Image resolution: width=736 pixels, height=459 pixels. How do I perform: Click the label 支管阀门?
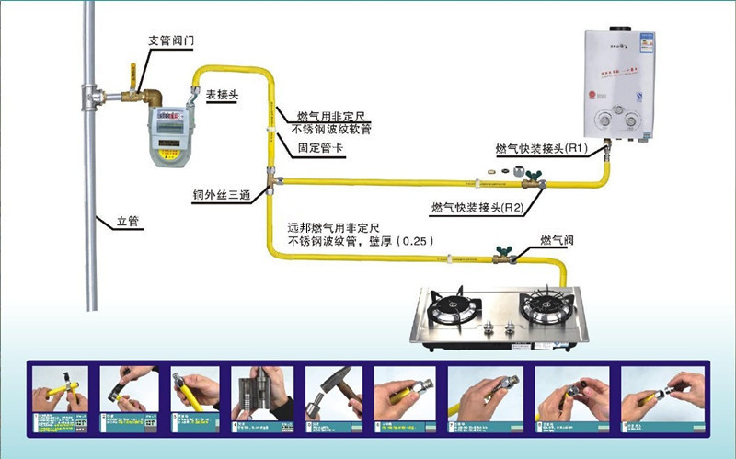tap(170, 41)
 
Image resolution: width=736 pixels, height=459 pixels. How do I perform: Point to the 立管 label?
tap(128, 221)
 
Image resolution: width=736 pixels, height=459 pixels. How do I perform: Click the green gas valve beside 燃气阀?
tap(502, 249)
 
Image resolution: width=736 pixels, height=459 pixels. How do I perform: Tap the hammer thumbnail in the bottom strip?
tap(333, 394)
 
